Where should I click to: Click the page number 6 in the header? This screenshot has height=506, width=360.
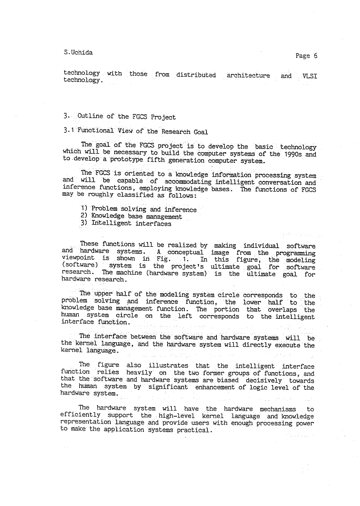tap(315, 56)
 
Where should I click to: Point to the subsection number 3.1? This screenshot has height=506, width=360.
tap(68, 131)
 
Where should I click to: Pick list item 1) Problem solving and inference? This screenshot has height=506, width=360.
tap(138, 209)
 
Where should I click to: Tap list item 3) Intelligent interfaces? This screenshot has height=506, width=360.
tap(125, 223)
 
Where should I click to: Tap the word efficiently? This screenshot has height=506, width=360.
tap(80, 416)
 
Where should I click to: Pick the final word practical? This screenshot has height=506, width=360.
tap(192, 430)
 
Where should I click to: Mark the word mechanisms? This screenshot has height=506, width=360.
tap(272, 409)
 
